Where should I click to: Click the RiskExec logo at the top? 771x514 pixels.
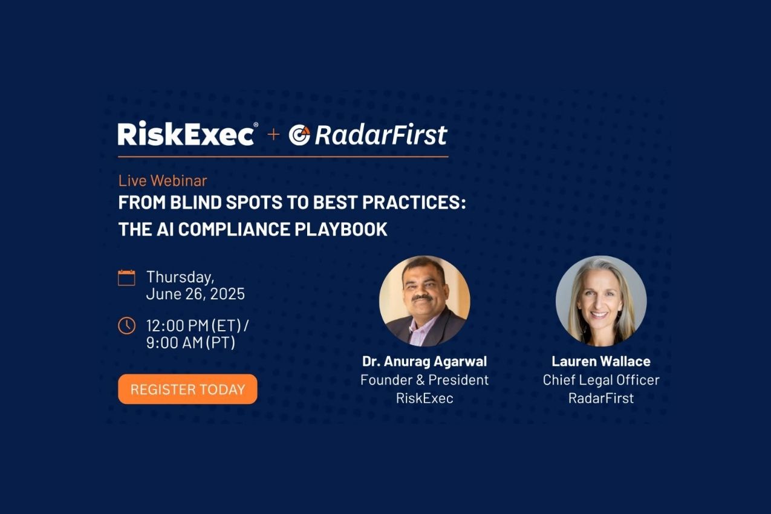(x=187, y=134)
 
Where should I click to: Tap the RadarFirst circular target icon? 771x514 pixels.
(x=299, y=135)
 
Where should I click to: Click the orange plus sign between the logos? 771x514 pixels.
(x=273, y=134)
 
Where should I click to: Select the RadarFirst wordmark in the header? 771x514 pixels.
(x=381, y=134)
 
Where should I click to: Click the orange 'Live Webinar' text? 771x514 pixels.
(x=163, y=181)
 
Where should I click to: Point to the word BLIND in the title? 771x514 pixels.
(x=196, y=203)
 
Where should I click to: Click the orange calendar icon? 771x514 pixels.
(x=126, y=278)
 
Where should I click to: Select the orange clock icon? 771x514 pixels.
(x=126, y=325)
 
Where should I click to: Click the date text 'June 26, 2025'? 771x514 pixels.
(x=195, y=294)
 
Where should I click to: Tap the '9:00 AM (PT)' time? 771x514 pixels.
(x=190, y=343)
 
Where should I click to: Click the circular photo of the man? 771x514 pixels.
(x=425, y=301)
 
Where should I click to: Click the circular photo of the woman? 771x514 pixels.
(x=601, y=301)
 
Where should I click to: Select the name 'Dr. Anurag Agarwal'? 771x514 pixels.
(x=425, y=362)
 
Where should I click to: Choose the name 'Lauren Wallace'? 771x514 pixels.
(x=601, y=362)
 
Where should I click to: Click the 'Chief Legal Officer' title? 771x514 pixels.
(x=601, y=380)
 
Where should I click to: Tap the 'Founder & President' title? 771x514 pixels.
(x=425, y=380)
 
